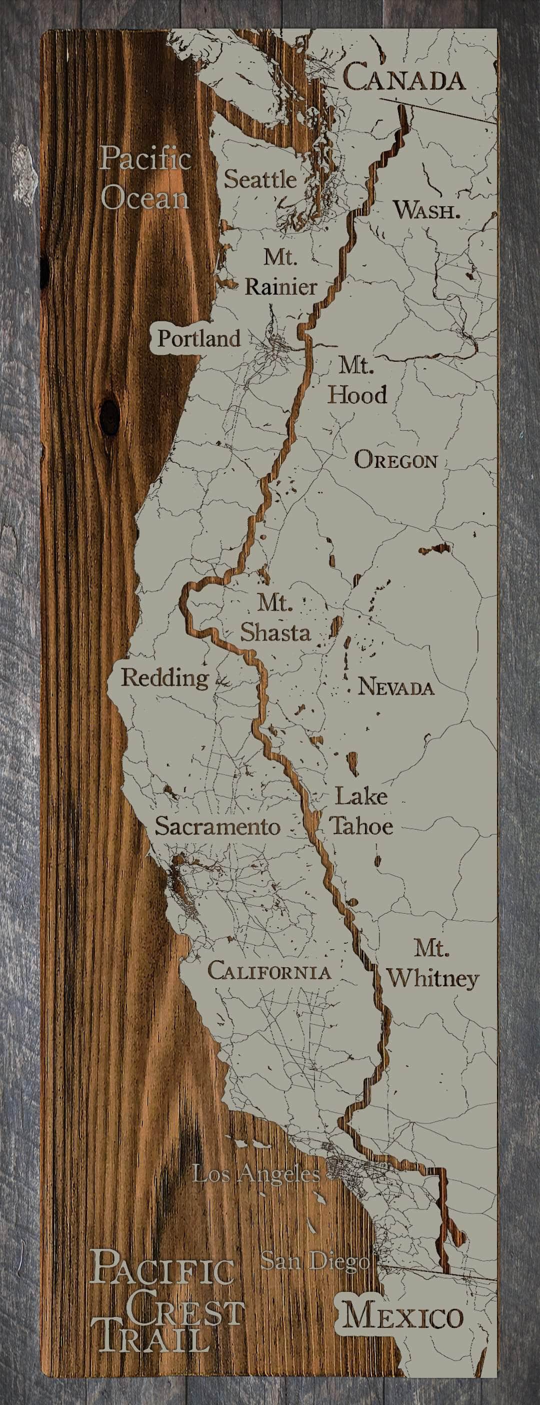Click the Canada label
tap(404, 77)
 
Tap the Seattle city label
tap(260, 179)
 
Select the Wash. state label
tap(426, 210)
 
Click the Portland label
tap(199, 339)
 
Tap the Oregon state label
tap(396, 460)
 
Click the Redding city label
tap(165, 678)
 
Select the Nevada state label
tap(396, 687)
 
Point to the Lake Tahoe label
tap(360, 811)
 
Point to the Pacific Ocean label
tap(145, 178)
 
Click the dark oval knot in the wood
tap(110, 417)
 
